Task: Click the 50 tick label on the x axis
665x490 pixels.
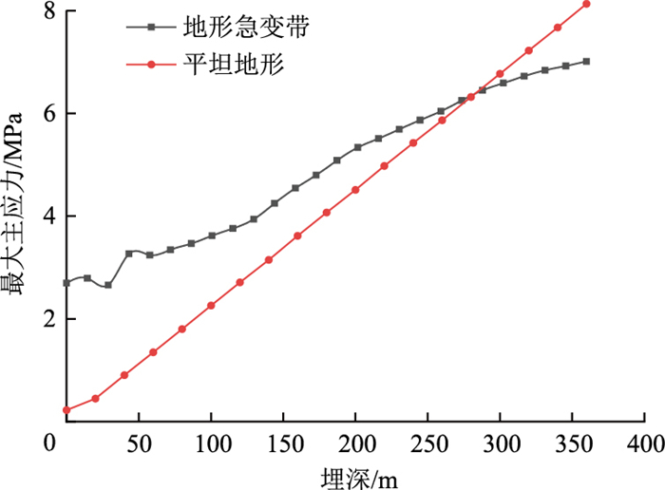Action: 139,443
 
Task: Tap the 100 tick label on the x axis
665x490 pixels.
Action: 211,443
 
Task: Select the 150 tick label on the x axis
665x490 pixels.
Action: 283,443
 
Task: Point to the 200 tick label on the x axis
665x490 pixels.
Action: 355,443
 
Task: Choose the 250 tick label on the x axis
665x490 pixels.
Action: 427,443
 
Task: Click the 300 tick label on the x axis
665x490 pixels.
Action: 500,443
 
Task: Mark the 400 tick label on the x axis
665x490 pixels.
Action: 644,443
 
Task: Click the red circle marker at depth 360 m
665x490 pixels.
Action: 586,4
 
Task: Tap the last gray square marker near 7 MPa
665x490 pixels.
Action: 586,61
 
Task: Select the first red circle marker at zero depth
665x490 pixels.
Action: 66,410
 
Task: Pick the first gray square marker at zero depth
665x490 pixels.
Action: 66,283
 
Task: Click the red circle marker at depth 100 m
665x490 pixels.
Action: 211,306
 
